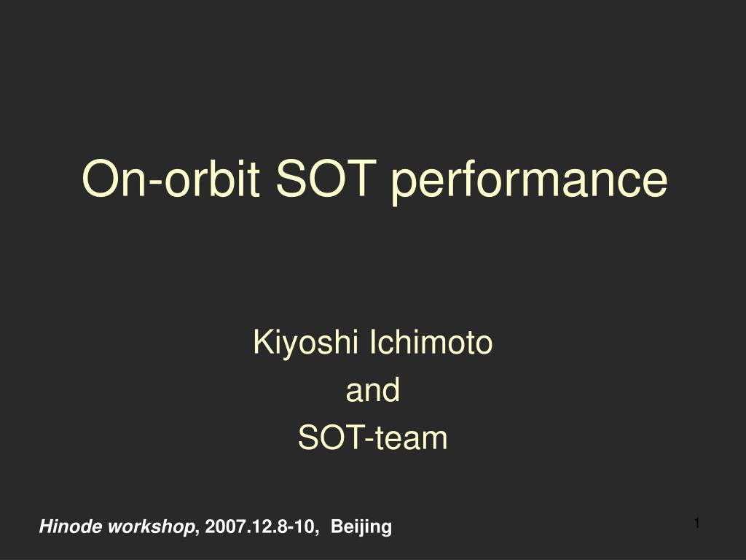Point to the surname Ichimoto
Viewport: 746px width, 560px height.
(x=431, y=342)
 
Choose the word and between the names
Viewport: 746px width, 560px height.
(x=372, y=389)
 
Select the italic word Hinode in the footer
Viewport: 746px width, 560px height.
(x=71, y=526)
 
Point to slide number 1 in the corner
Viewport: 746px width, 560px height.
(x=697, y=523)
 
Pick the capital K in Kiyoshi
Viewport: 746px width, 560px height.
(x=263, y=342)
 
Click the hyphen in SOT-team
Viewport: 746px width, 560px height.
(x=369, y=440)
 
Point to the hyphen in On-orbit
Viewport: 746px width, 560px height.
(x=155, y=183)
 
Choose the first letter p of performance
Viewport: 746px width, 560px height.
(x=404, y=186)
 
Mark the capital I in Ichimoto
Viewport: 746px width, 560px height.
(x=373, y=342)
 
